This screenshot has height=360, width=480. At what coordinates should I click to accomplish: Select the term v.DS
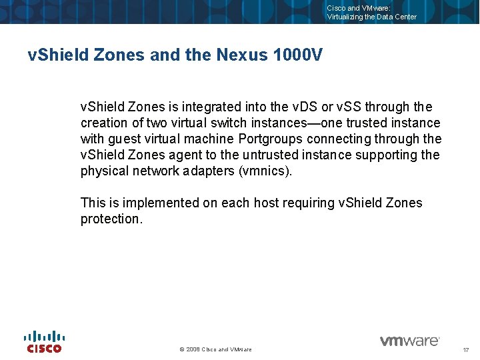pyautogui.click(x=307, y=107)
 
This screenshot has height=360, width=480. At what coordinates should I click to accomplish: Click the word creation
pyautogui.click(x=104, y=123)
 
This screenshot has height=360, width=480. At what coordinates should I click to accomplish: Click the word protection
pyautogui.click(x=111, y=219)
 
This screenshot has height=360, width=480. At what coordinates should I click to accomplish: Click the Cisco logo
pyautogui.click(x=44, y=341)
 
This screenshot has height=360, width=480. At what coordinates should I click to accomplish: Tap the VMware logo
pyautogui.click(x=409, y=341)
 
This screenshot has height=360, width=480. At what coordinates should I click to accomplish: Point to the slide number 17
pyautogui.click(x=465, y=349)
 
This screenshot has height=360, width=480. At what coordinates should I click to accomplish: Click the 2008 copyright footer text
pyautogui.click(x=216, y=349)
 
